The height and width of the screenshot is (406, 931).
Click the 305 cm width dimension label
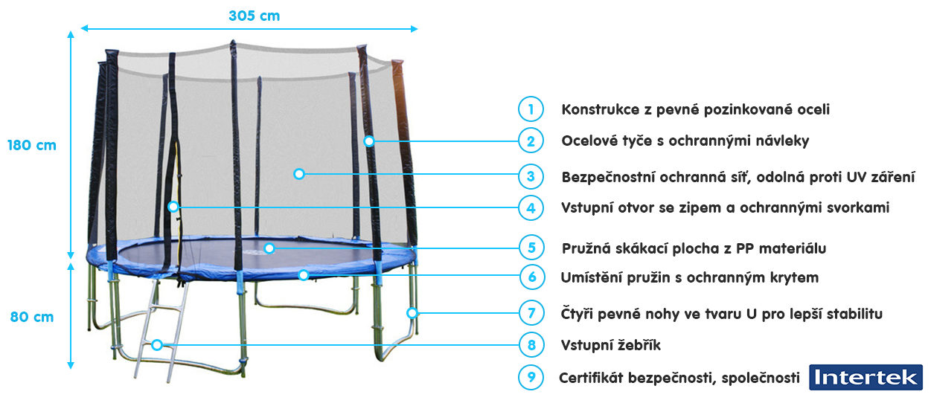pos(255,16)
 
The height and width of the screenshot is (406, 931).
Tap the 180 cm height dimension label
pos(32,145)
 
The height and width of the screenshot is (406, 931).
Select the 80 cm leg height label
pos(32,317)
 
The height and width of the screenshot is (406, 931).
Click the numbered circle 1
pos(531,109)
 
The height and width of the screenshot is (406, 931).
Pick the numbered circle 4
pos(531,207)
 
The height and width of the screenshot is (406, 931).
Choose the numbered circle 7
pos(531,312)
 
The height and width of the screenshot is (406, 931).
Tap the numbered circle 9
pos(531,377)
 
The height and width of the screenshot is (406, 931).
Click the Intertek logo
pos(866,377)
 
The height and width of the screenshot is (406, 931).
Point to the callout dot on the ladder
pos(157,344)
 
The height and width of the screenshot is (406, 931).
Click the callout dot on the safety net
pos(299,174)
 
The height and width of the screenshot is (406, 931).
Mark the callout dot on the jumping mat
pos(269,248)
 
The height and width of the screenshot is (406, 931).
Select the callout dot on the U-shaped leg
pos(412,312)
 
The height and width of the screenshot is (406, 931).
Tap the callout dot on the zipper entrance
pos(173,206)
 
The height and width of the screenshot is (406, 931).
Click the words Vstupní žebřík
pos(610,345)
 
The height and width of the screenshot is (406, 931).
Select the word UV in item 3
pos(857,177)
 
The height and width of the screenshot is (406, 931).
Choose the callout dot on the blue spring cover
pos(304,275)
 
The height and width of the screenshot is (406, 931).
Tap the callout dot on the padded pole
pos(368,141)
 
